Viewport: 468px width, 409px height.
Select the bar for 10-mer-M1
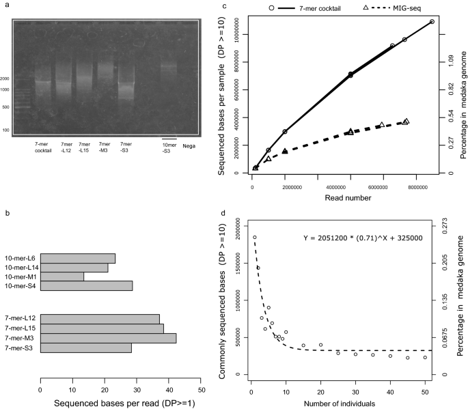[62, 277]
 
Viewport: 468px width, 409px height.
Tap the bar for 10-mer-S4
[86, 286]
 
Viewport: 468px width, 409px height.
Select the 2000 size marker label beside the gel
[5, 79]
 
